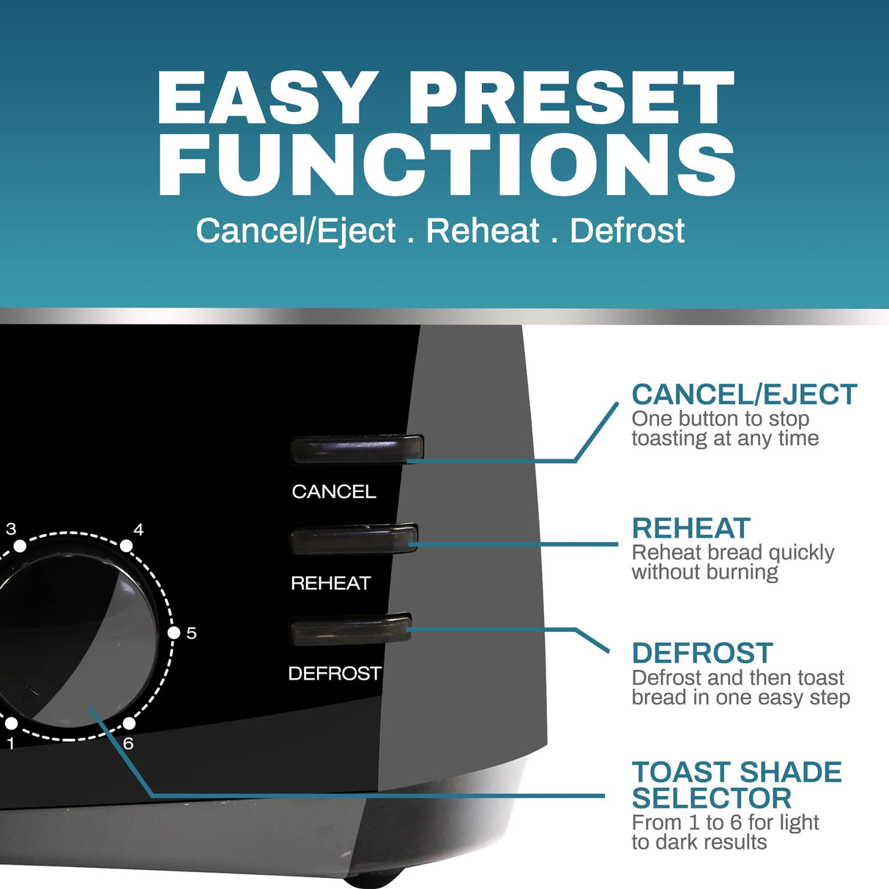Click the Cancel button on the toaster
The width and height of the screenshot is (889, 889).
coord(357,450)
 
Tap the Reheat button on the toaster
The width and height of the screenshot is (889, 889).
coord(354,540)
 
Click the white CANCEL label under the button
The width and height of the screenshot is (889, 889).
coord(334,491)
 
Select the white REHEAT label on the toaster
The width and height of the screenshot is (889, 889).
coord(331,583)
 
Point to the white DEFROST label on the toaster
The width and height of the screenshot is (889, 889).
coord(335,673)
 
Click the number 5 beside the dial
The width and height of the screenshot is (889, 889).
coord(192,633)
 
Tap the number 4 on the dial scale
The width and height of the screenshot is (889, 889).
coord(138,529)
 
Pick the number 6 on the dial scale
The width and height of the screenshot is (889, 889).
coord(128,744)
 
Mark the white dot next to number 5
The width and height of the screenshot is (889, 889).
coord(174,633)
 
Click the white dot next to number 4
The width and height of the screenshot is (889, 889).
coord(126,546)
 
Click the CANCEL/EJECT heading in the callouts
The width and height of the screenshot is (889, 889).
coord(744,395)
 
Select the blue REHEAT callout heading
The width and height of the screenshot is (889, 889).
coord(691,529)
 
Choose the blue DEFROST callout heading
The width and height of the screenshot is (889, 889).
coord(702,653)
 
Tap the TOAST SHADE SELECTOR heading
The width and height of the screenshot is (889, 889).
coord(736,785)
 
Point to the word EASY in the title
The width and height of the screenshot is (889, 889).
coord(267,99)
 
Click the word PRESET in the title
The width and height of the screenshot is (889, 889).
coord(571,99)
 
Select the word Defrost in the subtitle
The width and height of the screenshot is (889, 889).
coord(627,231)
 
